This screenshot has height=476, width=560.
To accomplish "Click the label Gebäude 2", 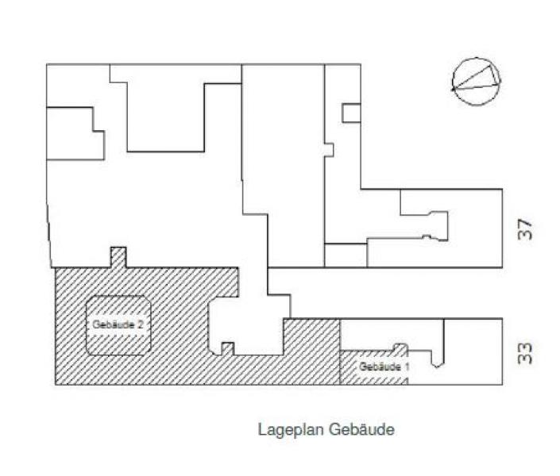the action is [x=118, y=324].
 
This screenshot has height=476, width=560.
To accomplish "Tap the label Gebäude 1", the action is [x=384, y=367].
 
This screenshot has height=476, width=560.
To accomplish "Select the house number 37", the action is [x=525, y=229].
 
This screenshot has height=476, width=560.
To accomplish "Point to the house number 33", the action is [x=525, y=353].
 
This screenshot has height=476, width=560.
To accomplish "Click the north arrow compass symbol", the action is [x=477, y=82].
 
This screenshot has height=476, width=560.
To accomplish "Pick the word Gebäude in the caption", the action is [x=361, y=429].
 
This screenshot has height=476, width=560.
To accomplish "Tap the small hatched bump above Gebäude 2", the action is [x=118, y=257].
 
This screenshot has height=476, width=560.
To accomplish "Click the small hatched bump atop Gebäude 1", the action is [x=400, y=347].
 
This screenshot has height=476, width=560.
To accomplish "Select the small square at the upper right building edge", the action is [x=351, y=113].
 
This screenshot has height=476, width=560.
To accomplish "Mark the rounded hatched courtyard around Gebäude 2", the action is [x=118, y=325].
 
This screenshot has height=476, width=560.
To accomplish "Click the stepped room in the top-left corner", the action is [x=75, y=133].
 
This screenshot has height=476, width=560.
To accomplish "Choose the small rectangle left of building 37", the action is [x=346, y=255].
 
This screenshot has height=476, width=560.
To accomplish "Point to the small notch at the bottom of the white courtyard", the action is [x=227, y=349].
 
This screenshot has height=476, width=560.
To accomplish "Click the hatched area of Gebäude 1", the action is [x=373, y=367].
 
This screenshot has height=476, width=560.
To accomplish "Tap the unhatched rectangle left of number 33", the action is [x=473, y=351].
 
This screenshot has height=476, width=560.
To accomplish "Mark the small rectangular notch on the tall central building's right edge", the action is [x=329, y=149].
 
